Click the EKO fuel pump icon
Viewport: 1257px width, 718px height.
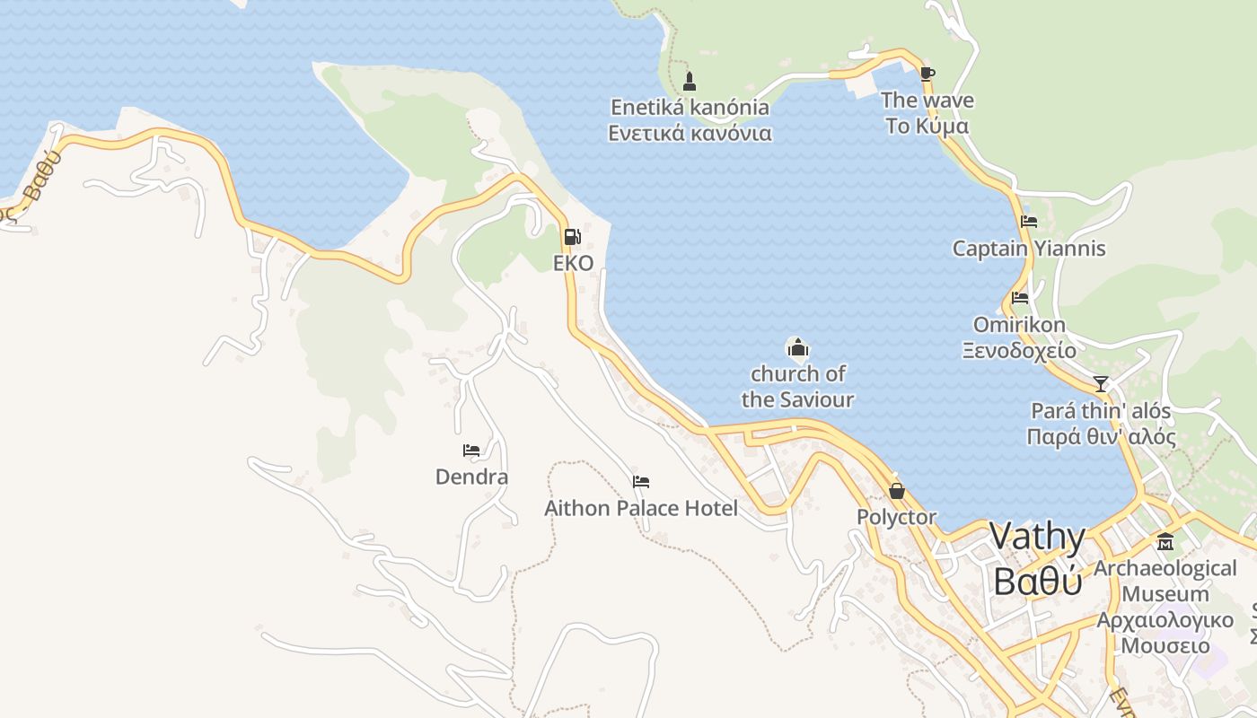pos(572,238)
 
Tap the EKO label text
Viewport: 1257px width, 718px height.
pos(573,263)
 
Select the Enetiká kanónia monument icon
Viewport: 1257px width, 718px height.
pos(690,82)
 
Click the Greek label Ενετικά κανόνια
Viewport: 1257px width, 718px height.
pos(690,134)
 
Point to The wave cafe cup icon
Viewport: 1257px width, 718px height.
pos(927,74)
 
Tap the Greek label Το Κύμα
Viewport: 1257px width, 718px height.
pos(927,126)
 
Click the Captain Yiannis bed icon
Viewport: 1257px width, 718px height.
pos(1029,222)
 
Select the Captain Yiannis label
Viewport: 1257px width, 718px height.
pos(1029,249)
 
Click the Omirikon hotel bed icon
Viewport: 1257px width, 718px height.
pos(1019,298)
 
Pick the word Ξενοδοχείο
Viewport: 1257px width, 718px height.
pos(1019,350)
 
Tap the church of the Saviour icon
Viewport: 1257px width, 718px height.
pos(797,347)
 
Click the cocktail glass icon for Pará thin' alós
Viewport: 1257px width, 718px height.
pos(1101,384)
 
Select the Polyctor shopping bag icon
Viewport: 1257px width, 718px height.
pos(896,491)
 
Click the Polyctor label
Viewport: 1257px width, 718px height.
pos(896,517)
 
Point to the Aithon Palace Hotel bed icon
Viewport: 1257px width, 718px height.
pos(641,482)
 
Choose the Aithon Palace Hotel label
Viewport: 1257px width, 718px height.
pos(641,509)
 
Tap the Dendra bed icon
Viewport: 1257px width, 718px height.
pos(471,451)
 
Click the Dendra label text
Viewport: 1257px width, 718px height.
pos(471,477)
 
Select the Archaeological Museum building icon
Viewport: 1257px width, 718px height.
pos(1165,542)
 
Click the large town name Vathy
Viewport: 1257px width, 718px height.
pos(1038,538)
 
